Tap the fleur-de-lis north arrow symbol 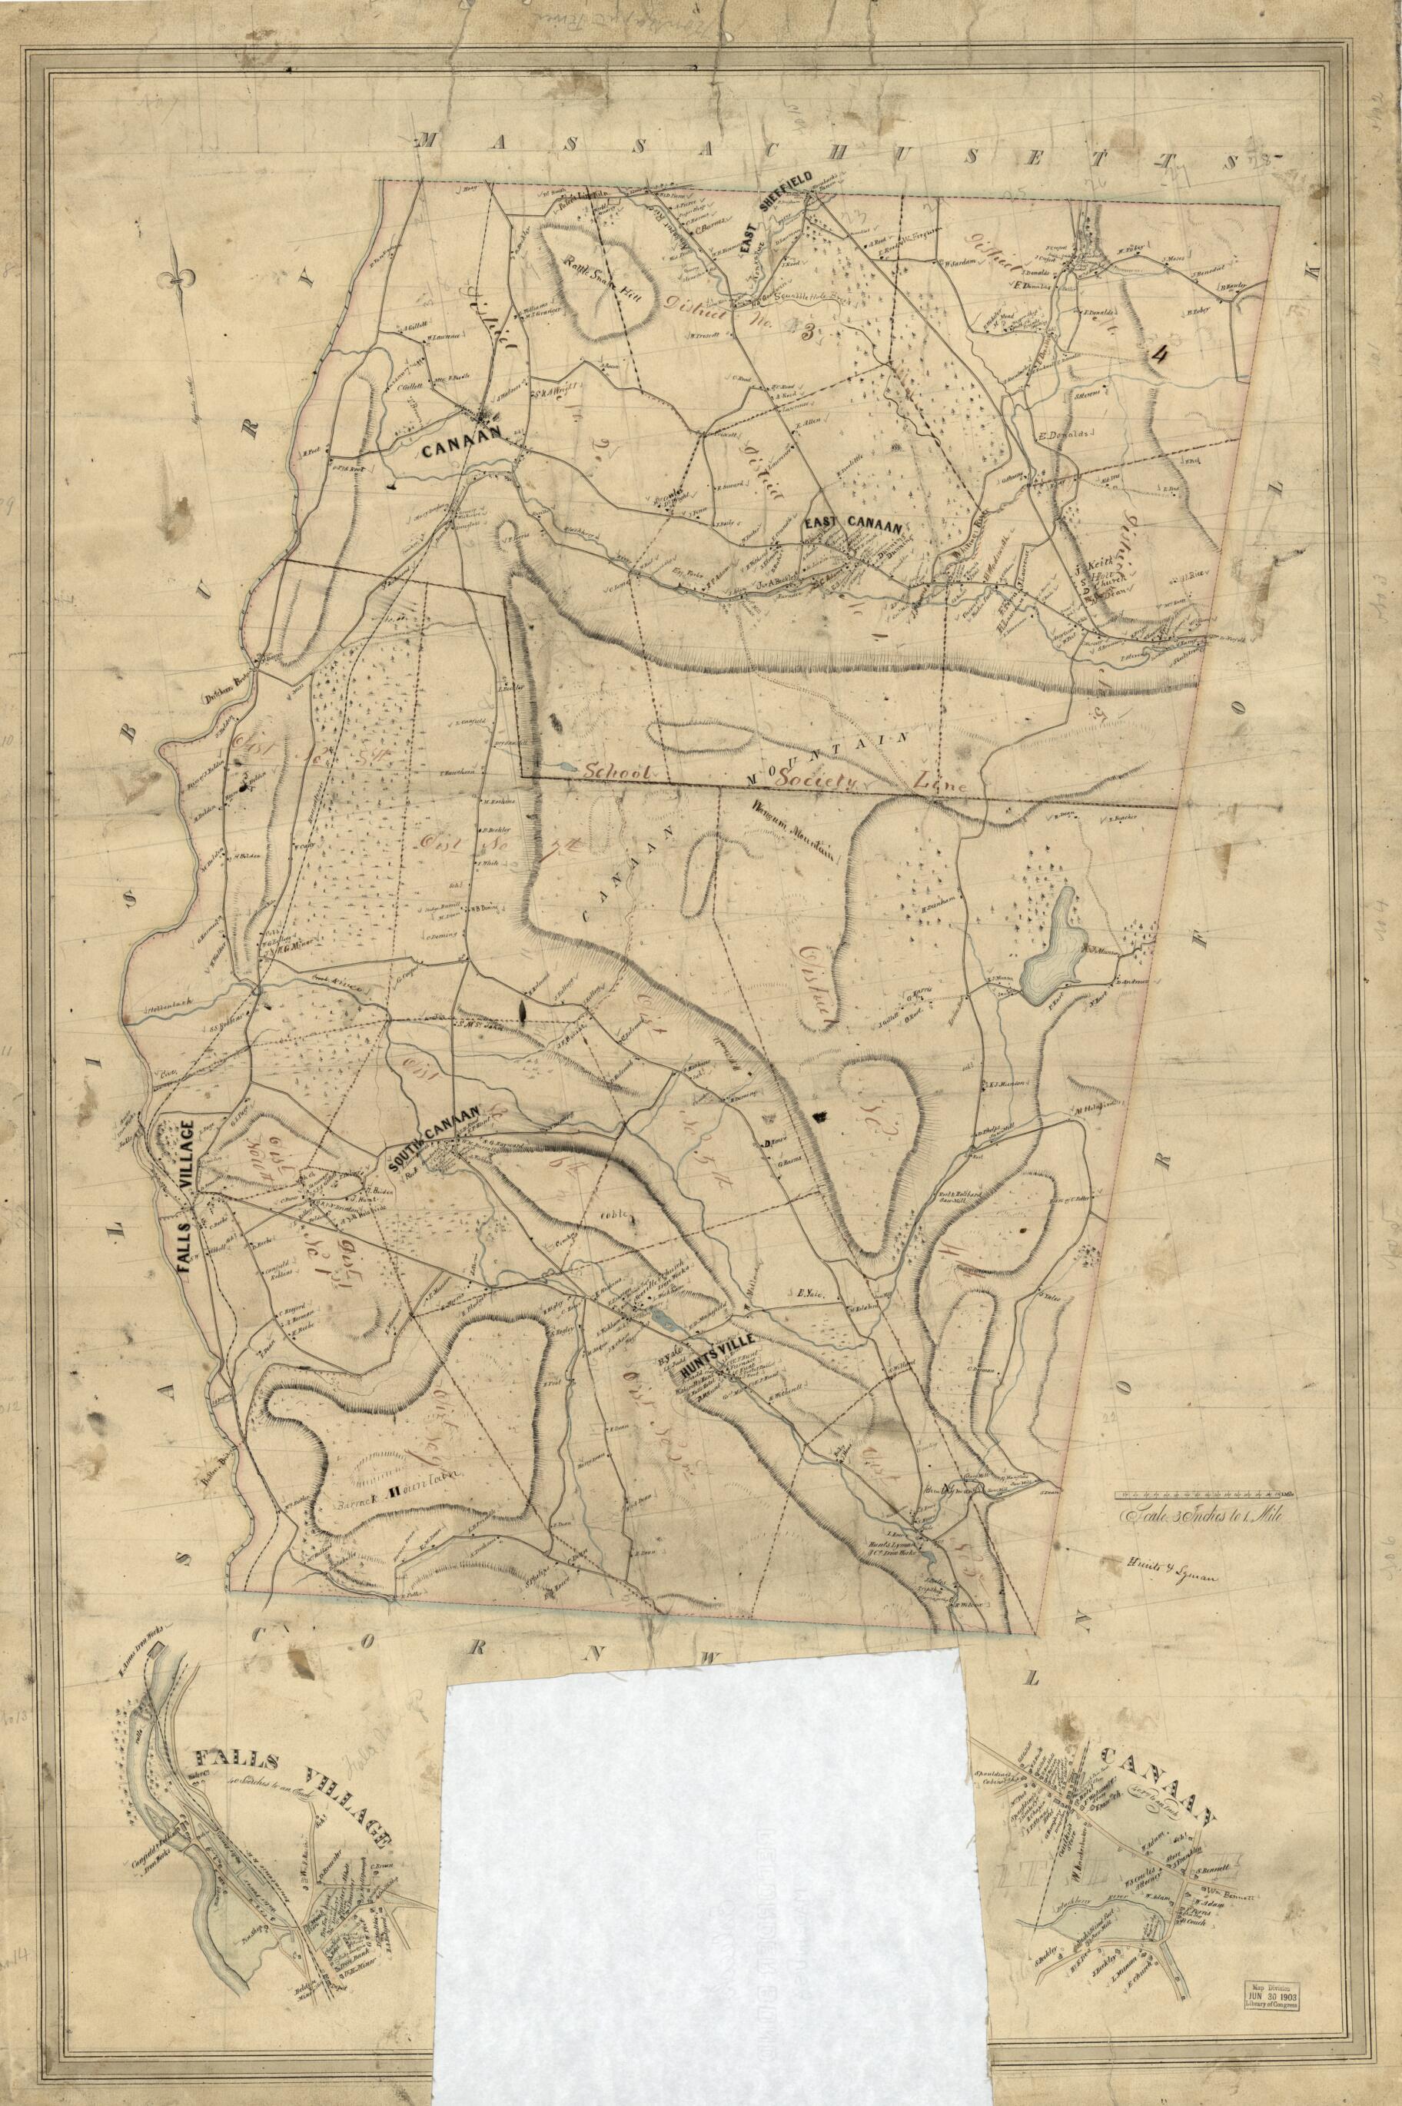click(x=182, y=281)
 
